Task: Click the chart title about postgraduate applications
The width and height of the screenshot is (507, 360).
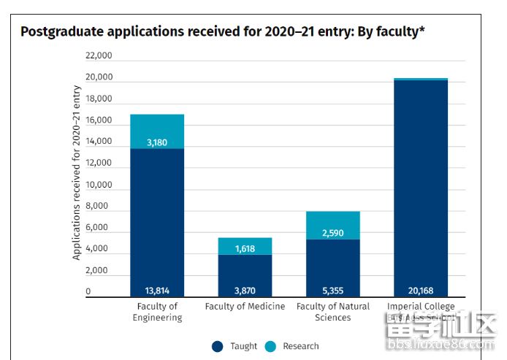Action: (222, 32)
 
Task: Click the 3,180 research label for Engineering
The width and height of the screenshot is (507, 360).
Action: (156, 142)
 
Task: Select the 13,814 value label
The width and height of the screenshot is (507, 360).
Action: (156, 291)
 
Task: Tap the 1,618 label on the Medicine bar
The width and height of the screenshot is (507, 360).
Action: (245, 249)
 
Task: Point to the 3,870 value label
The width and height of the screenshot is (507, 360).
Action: (245, 291)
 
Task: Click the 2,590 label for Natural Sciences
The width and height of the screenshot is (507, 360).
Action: (332, 233)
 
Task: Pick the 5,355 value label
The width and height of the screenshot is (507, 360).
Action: (332, 291)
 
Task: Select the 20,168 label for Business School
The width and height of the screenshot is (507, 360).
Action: (421, 291)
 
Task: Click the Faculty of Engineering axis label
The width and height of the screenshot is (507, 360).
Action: (157, 312)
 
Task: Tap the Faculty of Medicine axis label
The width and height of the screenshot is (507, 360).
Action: (245, 307)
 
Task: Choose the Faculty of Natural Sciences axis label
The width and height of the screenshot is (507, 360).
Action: (333, 312)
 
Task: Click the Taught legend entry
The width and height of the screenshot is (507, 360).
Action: (235, 346)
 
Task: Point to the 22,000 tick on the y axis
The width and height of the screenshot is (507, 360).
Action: (99, 56)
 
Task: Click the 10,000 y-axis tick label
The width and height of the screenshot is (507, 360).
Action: (99, 185)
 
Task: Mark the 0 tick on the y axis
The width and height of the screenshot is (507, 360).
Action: (88, 292)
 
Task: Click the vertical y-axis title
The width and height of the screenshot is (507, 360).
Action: (77, 173)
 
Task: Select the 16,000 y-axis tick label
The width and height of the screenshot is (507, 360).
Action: (99, 120)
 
